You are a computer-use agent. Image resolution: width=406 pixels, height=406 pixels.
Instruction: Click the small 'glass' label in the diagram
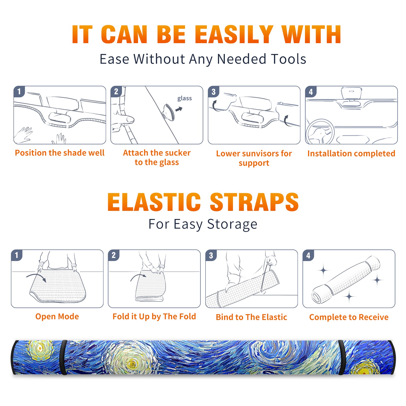click(x=184, y=98)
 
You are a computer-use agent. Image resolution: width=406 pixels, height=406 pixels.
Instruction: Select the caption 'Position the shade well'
click(x=60, y=153)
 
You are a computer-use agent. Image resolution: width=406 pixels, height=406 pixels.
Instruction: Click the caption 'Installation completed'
click(x=351, y=153)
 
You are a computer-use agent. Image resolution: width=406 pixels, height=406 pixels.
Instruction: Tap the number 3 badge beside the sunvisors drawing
click(x=213, y=92)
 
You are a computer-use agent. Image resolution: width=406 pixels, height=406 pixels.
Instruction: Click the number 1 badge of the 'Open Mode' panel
click(x=17, y=255)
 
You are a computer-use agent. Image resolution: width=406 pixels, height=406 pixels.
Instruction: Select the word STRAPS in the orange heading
click(x=254, y=202)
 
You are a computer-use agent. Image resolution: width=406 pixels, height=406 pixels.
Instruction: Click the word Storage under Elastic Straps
click(x=232, y=224)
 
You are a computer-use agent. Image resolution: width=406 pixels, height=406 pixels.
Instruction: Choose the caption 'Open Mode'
click(x=57, y=316)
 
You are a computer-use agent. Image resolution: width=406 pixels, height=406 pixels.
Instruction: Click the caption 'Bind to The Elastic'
click(x=251, y=317)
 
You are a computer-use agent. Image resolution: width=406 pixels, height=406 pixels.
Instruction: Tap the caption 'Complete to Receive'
click(x=349, y=317)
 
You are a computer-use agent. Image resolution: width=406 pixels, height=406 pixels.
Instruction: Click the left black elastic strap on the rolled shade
click(x=64, y=357)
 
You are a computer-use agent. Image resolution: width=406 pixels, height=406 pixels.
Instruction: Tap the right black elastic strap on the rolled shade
click(x=342, y=357)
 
